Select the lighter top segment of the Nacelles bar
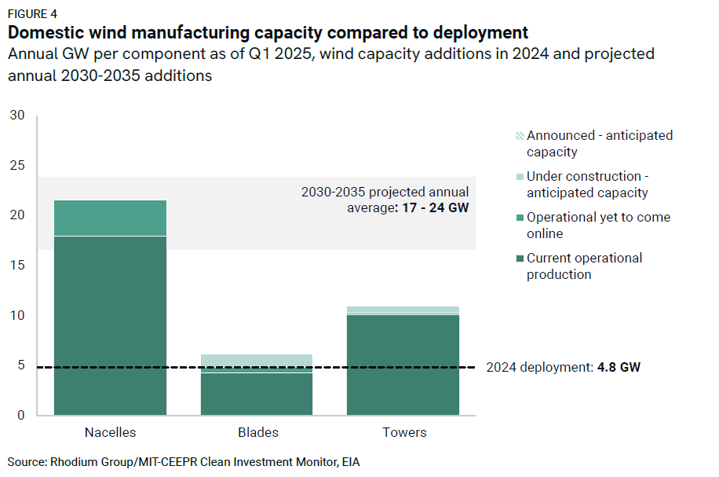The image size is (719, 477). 110,218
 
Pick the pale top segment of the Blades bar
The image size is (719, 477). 257,359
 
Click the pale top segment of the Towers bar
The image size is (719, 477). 403,310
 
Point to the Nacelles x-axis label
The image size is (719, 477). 110,432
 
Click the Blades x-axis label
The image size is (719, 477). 257,432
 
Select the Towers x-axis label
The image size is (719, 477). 404,432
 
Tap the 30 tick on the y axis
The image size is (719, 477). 17,116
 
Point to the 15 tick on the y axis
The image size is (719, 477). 17,266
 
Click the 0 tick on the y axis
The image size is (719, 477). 21,416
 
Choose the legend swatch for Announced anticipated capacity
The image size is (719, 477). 519,135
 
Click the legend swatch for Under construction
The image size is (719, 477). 519,176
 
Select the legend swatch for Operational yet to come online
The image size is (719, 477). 519,217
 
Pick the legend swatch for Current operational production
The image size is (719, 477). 519,258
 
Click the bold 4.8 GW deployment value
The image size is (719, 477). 618,367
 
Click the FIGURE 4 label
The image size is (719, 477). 32,14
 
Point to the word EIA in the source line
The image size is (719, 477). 349,461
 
